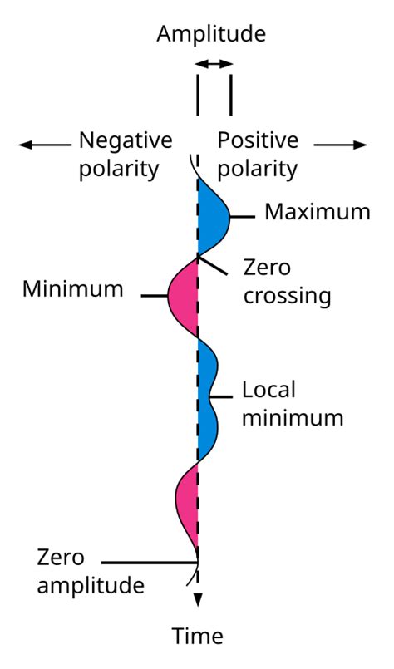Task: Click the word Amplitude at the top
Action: [212, 33]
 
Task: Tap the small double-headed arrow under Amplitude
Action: [214, 63]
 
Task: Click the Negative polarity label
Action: [125, 155]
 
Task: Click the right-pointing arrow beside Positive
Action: [340, 145]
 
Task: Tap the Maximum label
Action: [317, 212]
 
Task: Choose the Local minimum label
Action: [292, 403]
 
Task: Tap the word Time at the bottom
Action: [197, 637]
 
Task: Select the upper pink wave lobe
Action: [185, 295]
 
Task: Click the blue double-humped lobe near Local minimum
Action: [207, 399]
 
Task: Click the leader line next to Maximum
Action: [242, 217]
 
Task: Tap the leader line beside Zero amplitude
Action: [150, 563]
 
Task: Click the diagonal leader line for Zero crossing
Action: [214, 265]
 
